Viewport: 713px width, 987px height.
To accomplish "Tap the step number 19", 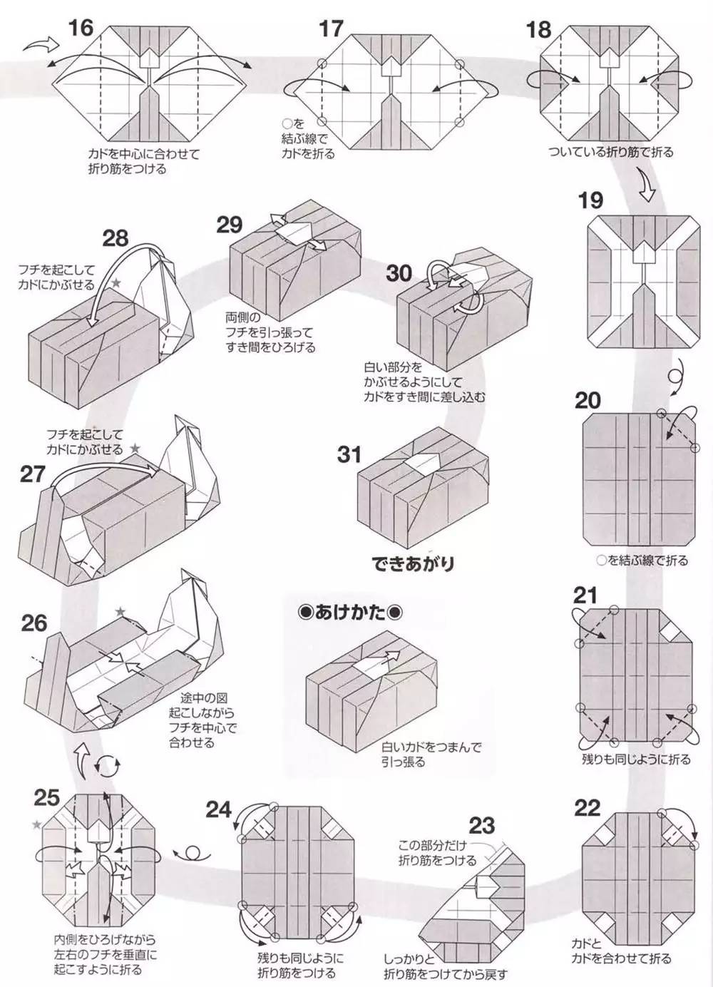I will pos(590,200).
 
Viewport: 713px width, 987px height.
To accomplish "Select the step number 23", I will pos(482,825).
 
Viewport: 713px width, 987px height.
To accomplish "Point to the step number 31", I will pos(349,454).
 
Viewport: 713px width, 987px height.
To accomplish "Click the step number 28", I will pos(115,237).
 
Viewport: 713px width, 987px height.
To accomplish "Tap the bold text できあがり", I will pos(413,563).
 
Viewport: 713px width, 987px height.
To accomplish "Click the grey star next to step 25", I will pos(36,825).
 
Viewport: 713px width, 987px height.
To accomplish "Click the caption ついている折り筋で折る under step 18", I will pos(610,152).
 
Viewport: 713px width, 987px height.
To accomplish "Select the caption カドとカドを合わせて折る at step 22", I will pos(620,950).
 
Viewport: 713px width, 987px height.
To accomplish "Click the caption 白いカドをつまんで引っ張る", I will pos(431,755).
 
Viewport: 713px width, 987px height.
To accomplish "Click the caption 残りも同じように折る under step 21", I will pos(636,760).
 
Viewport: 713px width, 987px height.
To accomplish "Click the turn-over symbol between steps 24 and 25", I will pos(192,853).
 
